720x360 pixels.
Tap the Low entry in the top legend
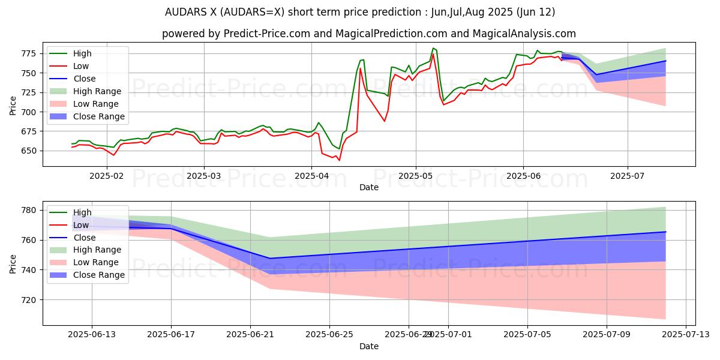(x=81, y=66)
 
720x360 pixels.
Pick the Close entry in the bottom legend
(x=84, y=238)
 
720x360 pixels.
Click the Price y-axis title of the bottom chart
(x=13, y=263)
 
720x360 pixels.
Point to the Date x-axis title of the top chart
(x=368, y=187)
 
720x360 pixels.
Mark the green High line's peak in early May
(x=433, y=48)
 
